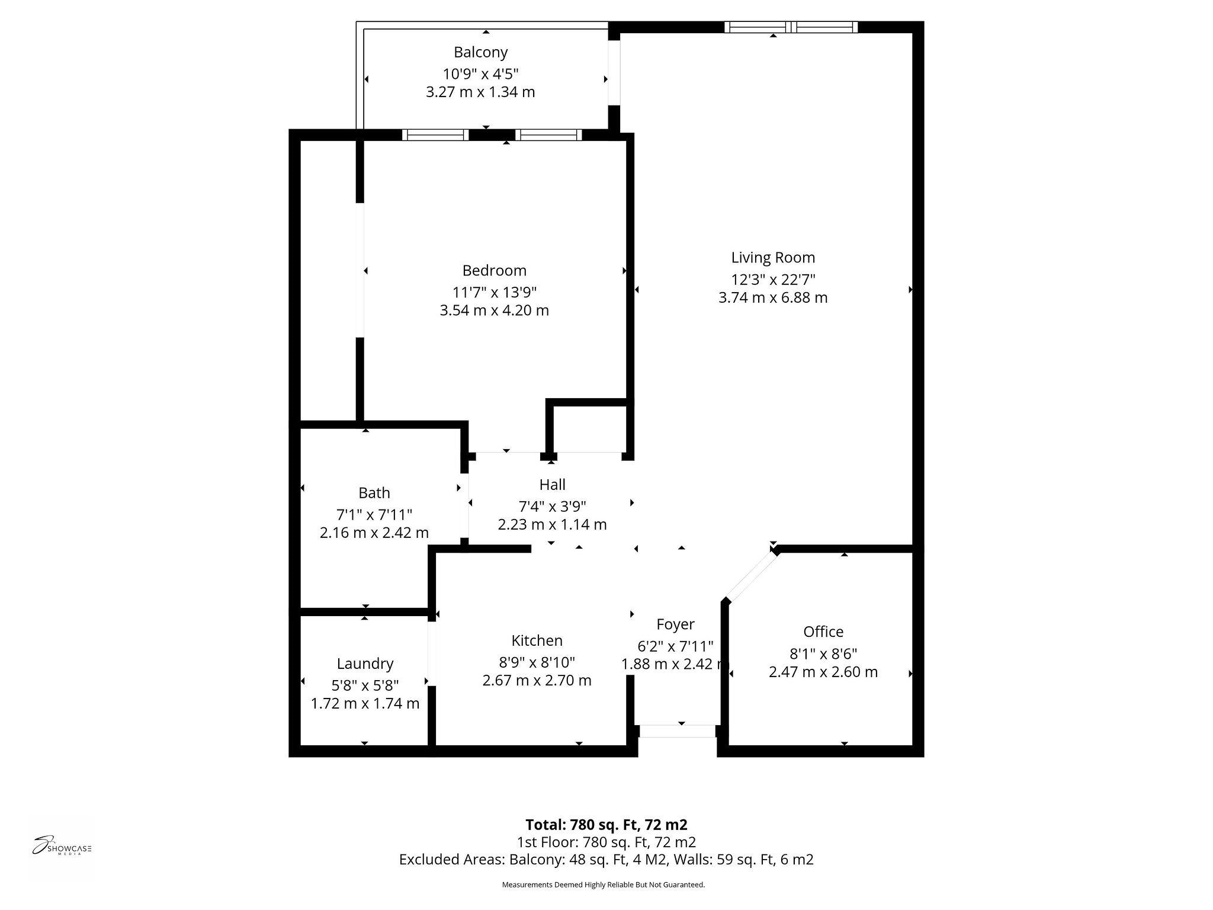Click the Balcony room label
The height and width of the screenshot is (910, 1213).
(x=480, y=52)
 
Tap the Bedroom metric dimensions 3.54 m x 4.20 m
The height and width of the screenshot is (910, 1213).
(x=494, y=310)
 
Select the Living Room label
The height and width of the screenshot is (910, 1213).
(x=773, y=258)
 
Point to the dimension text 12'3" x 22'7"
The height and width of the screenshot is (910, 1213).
(x=773, y=280)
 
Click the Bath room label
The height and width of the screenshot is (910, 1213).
(x=374, y=493)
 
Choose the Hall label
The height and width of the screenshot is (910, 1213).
(x=552, y=485)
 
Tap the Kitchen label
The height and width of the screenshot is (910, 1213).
(x=537, y=640)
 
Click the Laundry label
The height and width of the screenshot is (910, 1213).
(x=365, y=664)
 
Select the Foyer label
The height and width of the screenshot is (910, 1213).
(x=675, y=624)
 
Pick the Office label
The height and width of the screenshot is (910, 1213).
(x=823, y=632)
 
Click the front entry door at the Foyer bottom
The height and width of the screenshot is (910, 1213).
(x=677, y=731)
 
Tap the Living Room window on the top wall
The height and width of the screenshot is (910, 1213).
(x=791, y=27)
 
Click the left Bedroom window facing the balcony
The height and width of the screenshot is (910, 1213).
(x=435, y=135)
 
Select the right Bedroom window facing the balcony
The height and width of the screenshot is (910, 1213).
(x=548, y=135)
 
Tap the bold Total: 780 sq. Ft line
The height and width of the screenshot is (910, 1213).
(x=606, y=825)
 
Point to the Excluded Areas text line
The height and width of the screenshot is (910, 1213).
(x=606, y=860)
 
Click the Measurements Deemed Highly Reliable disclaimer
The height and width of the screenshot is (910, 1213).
(x=603, y=885)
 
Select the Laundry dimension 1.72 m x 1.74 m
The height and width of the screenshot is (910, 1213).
(x=365, y=704)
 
